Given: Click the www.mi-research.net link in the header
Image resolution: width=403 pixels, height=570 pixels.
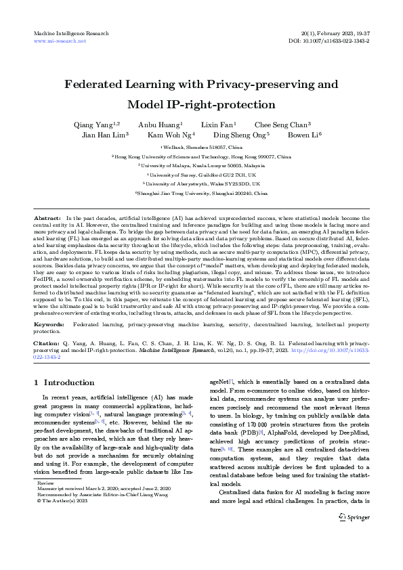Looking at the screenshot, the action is [x=60, y=41].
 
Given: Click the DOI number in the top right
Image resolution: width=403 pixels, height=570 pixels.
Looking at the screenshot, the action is [x=335, y=41].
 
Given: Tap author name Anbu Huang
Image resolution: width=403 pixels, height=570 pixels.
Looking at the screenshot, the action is [x=160, y=125].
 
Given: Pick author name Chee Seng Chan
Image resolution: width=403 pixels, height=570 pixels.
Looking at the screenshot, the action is [x=282, y=125].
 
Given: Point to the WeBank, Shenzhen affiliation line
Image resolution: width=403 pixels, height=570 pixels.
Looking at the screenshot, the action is [x=201, y=147].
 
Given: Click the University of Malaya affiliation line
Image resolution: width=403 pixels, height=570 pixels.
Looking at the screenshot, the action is [x=201, y=165].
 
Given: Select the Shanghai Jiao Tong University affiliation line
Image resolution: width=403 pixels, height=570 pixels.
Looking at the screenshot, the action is [x=201, y=193].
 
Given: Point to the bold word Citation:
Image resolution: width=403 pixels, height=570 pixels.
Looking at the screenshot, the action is [x=49, y=343].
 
